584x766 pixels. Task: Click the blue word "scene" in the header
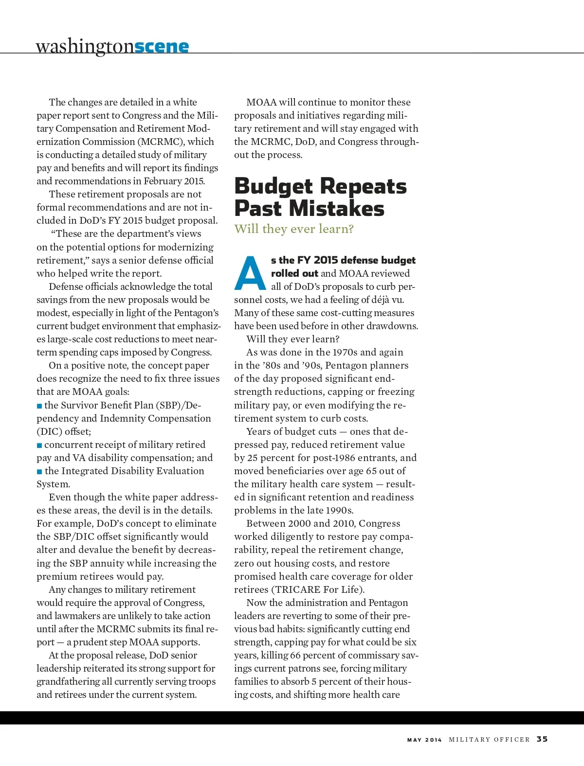tap(162, 47)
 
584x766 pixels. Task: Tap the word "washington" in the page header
tap(85, 47)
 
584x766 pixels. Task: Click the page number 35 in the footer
tap(542, 739)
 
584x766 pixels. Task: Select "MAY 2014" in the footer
tap(424, 740)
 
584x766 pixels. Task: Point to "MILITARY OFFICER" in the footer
tap(489, 740)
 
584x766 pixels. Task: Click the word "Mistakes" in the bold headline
tap(336, 209)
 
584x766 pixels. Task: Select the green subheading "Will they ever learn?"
tap(294, 229)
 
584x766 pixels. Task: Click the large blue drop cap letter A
tap(250, 273)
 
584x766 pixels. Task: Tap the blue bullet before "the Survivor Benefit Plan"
tap(39, 406)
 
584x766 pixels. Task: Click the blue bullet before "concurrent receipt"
tap(39, 445)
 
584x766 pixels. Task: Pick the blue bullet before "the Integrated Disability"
tap(39, 471)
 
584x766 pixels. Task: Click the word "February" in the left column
tap(162, 181)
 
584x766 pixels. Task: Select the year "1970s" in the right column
tap(344, 352)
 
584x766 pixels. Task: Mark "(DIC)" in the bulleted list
tap(49, 432)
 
